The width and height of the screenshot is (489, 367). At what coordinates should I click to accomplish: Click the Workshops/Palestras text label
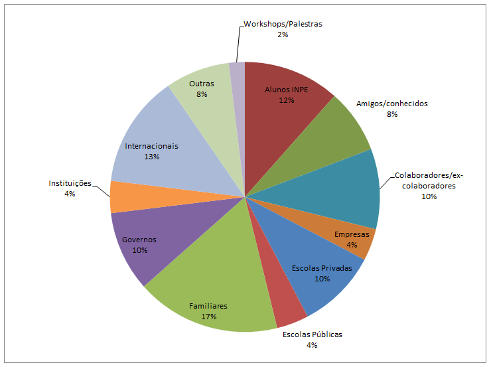click(283, 24)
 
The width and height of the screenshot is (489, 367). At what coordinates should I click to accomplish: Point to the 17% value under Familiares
click(208, 317)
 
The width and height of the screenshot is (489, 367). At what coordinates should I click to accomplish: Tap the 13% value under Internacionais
click(151, 157)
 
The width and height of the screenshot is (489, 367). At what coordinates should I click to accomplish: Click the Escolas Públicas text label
click(312, 334)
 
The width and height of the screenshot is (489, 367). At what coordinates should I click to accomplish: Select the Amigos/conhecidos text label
click(392, 104)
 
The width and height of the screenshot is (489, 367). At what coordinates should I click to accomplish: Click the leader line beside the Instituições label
click(102, 191)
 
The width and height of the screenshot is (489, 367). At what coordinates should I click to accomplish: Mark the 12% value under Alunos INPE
click(287, 100)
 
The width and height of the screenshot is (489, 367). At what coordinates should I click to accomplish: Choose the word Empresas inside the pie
click(352, 234)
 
